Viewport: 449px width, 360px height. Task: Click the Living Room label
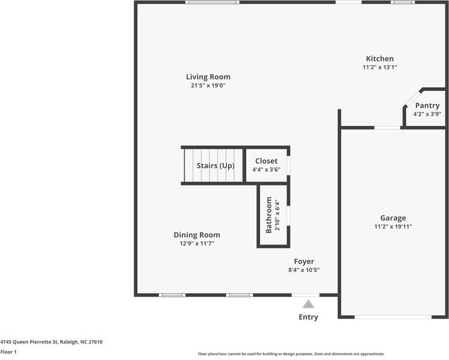(208, 76)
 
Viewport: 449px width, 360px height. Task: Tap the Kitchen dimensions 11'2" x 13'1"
(380, 67)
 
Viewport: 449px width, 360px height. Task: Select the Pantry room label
(427, 106)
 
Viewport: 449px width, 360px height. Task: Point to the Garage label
(393, 219)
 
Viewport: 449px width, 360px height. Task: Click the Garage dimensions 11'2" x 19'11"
(393, 226)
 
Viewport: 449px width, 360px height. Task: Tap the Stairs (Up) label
(215, 166)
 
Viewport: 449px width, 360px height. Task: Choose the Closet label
(266, 161)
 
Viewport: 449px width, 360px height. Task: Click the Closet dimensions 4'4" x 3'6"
(266, 170)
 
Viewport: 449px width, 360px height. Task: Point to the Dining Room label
(197, 235)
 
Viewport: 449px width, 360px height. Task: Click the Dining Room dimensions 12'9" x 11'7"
(197, 243)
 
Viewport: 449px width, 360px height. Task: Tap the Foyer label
(304, 261)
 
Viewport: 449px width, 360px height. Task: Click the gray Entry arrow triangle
(308, 304)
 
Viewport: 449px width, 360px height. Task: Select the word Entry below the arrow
(308, 317)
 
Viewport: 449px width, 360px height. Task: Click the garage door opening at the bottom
(393, 317)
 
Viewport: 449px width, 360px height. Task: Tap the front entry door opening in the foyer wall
(306, 295)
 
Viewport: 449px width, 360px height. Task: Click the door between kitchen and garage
(387, 128)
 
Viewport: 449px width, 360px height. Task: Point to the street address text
(51, 342)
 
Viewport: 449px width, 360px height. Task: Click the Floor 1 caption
(8, 352)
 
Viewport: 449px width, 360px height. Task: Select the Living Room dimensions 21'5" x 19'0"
(208, 85)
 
